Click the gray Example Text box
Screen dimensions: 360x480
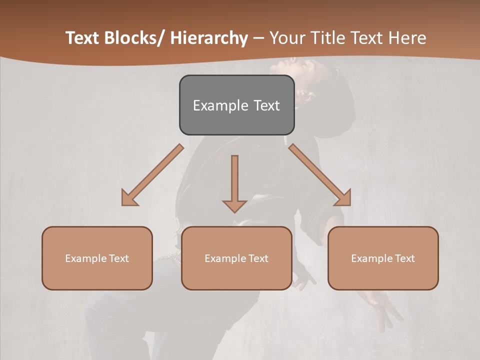tap(236, 105)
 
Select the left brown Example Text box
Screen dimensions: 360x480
tap(97, 258)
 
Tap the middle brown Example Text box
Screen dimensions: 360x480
tap(236, 258)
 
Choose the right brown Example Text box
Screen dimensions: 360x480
tap(383, 258)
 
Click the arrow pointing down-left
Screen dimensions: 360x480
tap(152, 175)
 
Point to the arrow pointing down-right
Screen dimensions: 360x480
tap(320, 175)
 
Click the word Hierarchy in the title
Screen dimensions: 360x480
tap(209, 38)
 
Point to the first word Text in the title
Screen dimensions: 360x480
tap(82, 38)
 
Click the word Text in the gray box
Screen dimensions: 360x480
tap(266, 105)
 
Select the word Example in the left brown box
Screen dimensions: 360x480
tap(86, 258)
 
